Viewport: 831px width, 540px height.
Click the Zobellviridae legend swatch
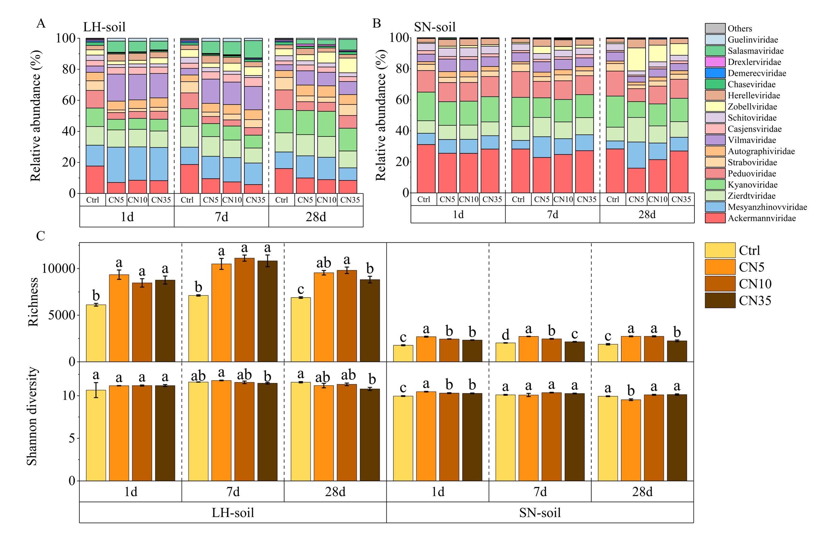click(x=715, y=106)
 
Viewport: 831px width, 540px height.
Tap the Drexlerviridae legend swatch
click(x=715, y=62)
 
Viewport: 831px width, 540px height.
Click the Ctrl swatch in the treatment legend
click(x=720, y=250)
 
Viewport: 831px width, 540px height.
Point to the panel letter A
click(x=41, y=23)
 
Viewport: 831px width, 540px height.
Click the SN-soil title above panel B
click(x=435, y=27)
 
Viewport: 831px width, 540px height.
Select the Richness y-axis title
click(x=33, y=302)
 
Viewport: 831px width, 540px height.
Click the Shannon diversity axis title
click(x=32, y=416)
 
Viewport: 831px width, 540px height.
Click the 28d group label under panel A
click(x=316, y=217)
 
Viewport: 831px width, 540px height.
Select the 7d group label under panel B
click(x=552, y=214)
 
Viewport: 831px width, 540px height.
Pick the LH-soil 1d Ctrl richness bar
click(x=96, y=333)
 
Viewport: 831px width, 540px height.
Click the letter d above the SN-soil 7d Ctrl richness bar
click(x=505, y=335)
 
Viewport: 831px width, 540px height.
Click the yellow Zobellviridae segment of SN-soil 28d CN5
click(x=636, y=59)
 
